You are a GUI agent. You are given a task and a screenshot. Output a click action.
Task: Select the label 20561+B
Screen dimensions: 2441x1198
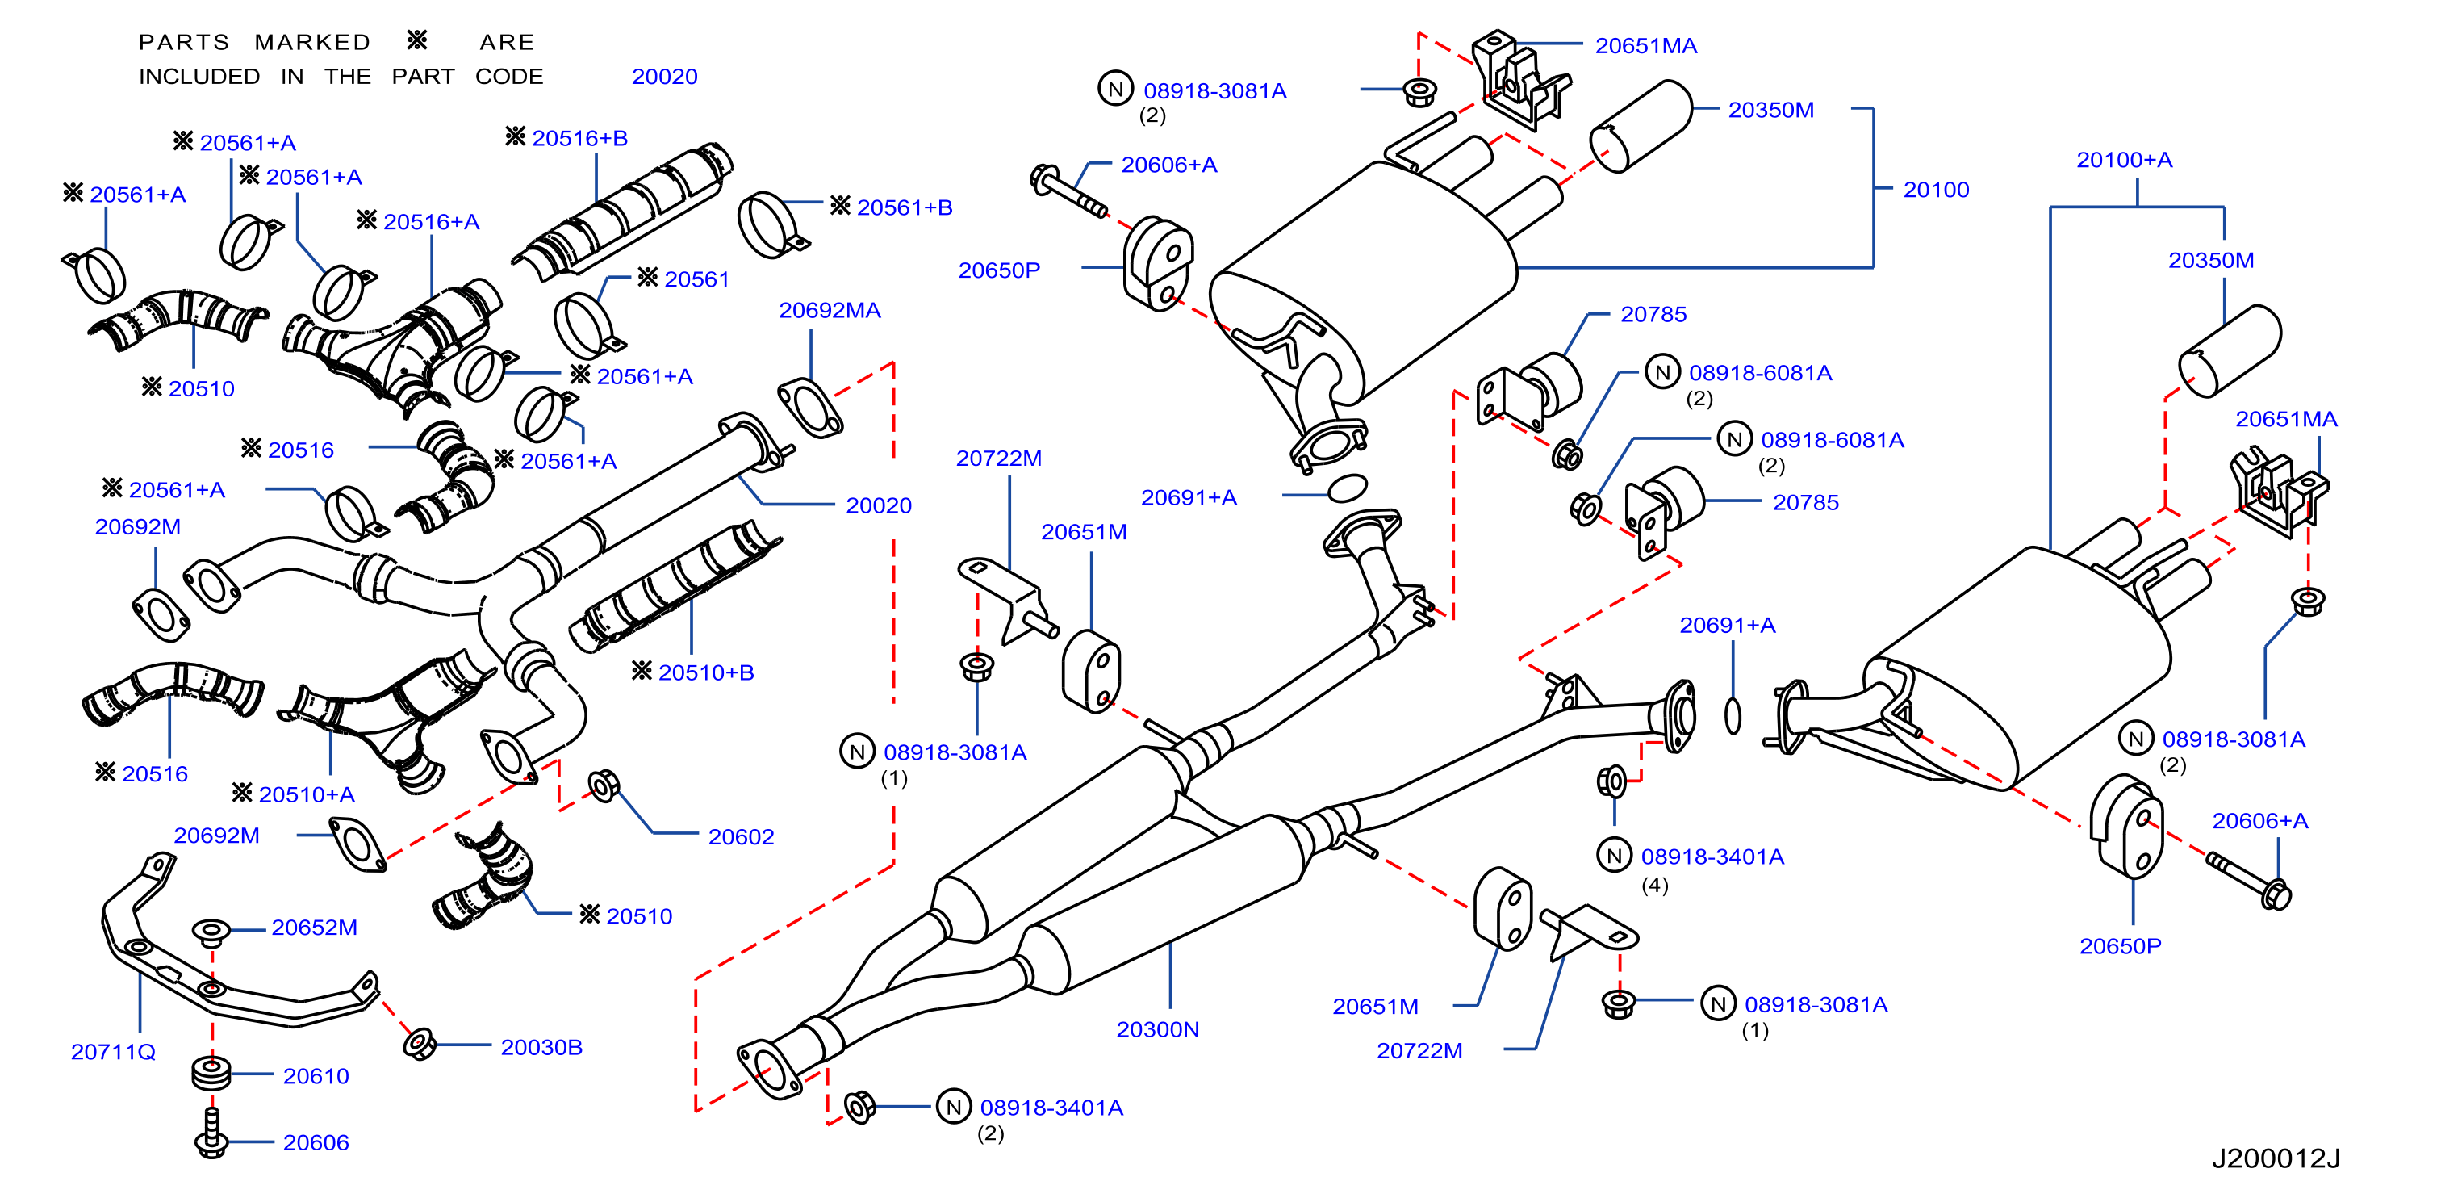(x=904, y=207)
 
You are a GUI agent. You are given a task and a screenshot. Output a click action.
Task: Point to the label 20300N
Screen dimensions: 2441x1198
(x=1157, y=1029)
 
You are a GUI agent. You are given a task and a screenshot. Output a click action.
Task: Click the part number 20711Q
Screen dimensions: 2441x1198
(x=113, y=1052)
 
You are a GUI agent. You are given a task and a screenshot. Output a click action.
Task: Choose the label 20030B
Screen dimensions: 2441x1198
(x=541, y=1047)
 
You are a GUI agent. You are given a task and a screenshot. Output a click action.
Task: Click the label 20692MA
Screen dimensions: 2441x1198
(x=830, y=311)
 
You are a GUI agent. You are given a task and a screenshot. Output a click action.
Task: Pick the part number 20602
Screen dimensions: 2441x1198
(x=741, y=837)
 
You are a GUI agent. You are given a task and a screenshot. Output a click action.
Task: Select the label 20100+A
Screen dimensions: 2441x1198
(x=2124, y=160)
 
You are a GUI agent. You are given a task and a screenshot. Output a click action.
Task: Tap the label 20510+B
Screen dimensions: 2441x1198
(x=706, y=673)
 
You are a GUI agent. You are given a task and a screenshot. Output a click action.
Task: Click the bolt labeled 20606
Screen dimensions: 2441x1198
(x=211, y=1133)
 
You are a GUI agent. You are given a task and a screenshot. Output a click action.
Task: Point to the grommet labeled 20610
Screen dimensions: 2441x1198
(x=211, y=1074)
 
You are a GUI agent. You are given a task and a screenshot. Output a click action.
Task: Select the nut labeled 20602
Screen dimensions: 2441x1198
(x=604, y=785)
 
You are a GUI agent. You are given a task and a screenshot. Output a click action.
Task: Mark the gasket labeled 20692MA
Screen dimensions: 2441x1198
(x=810, y=408)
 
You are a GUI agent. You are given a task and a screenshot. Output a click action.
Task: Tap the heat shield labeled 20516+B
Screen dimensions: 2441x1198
(x=623, y=211)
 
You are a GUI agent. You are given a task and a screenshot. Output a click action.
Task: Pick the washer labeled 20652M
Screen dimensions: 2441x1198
(x=211, y=932)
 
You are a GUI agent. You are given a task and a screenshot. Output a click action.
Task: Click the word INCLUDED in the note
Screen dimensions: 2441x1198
(x=199, y=77)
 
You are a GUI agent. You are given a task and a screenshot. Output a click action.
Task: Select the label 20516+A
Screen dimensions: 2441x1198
(x=431, y=222)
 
